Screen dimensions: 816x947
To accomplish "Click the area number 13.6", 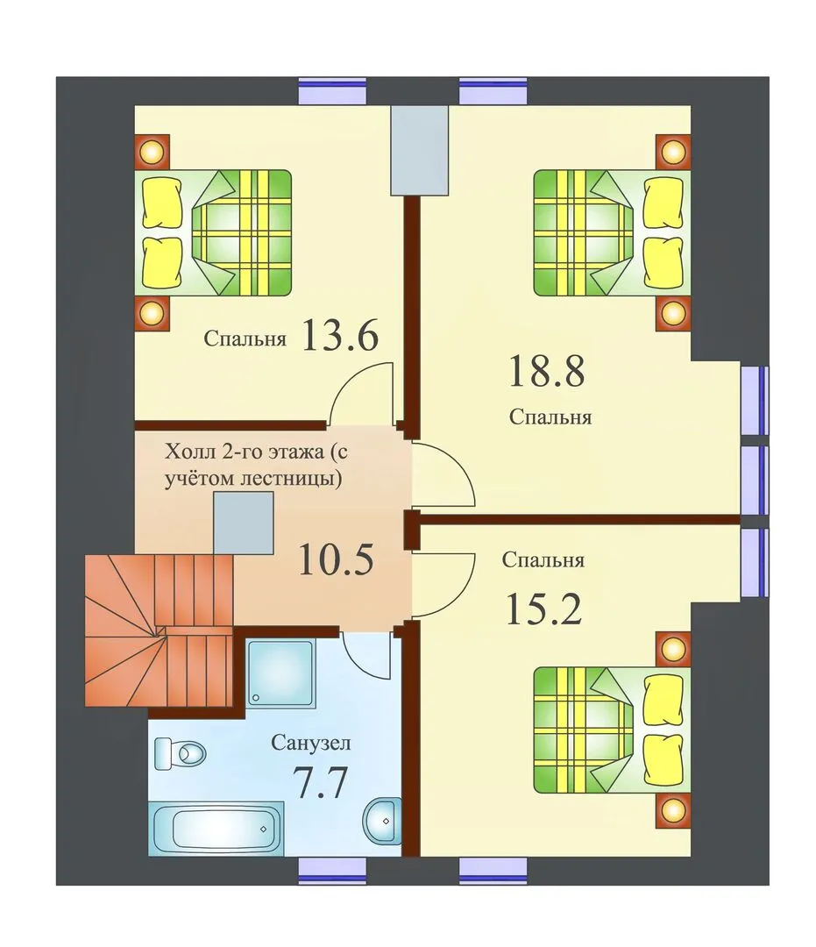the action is pos(339,335).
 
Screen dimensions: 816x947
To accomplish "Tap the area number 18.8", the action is pos(547,371).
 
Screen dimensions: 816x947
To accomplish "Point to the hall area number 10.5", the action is pos(337,559).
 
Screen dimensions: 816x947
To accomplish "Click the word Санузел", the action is pos(311,743).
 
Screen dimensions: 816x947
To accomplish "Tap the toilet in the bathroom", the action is pos(180,753).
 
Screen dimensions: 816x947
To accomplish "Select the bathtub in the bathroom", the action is pos(216,830).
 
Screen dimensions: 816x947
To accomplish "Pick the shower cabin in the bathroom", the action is pos(281,673).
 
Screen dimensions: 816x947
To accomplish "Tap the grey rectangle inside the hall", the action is pos(244,523).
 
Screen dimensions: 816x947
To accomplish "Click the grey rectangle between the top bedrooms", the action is pos(420,151).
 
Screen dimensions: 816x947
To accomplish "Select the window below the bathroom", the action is pos(332,872).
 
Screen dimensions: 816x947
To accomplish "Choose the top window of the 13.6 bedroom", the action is pos(332,91).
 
